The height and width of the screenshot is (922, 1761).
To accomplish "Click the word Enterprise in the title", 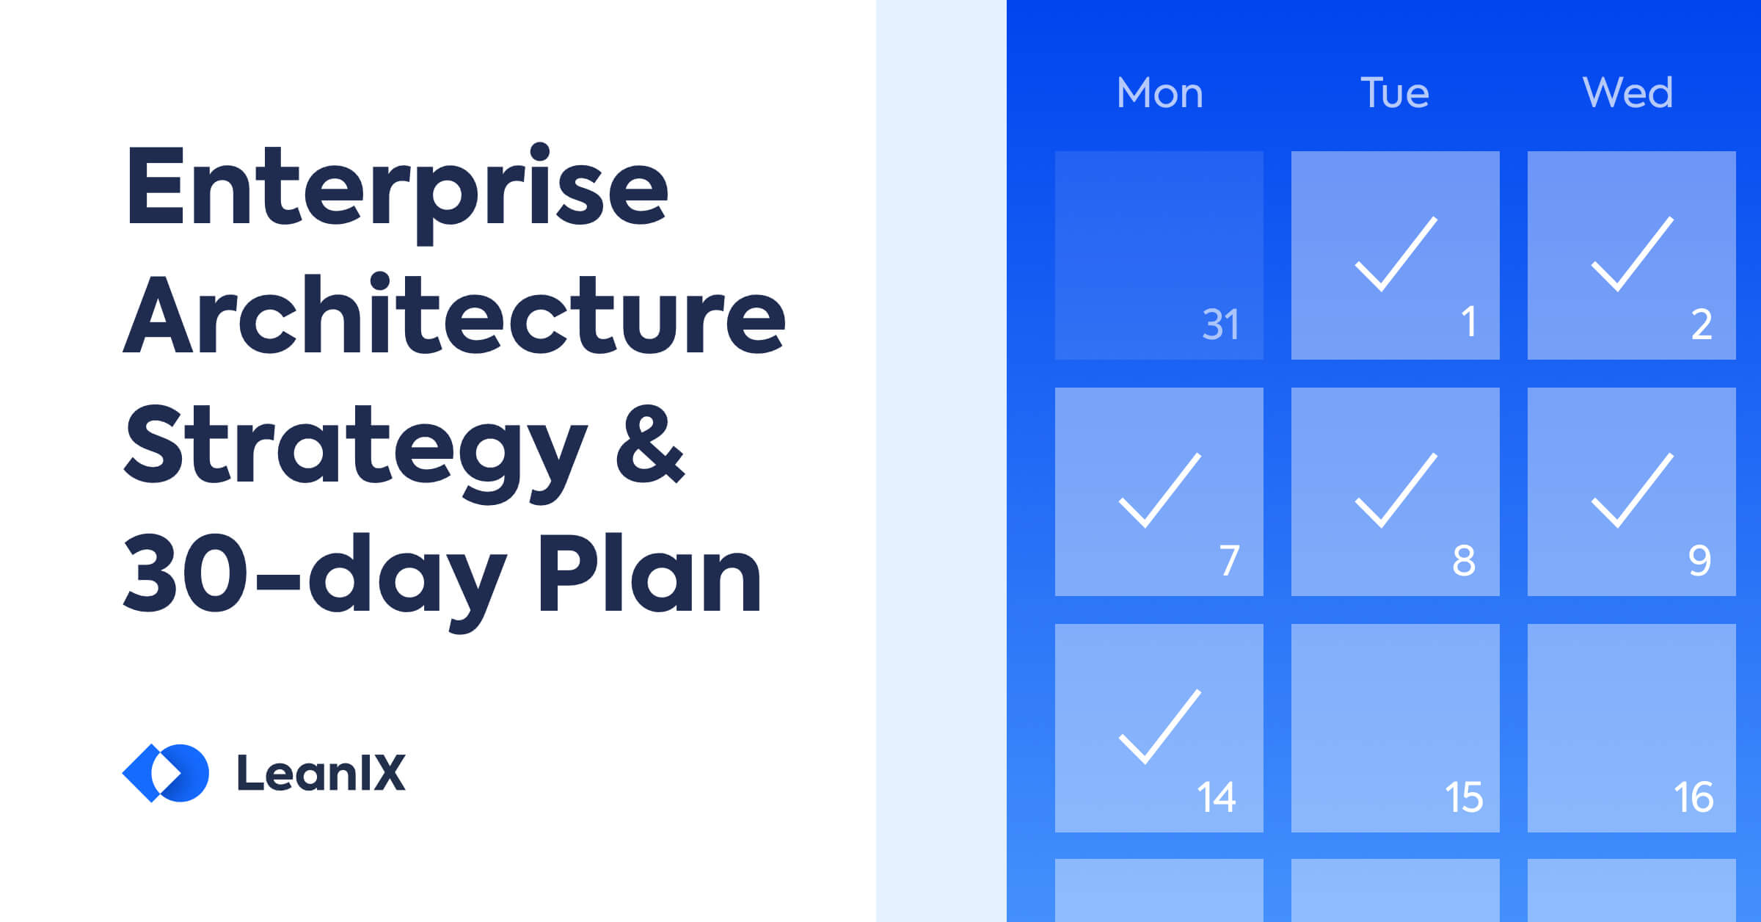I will tap(396, 187).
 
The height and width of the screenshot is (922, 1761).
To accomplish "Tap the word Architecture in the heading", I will tap(453, 316).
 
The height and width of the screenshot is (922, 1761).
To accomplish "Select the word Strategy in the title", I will tap(355, 448).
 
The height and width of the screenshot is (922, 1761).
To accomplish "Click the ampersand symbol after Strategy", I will tap(649, 444).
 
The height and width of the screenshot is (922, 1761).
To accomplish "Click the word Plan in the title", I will tap(649, 573).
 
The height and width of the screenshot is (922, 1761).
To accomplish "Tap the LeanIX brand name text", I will tap(321, 773).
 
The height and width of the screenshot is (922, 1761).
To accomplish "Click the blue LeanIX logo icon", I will tap(166, 773).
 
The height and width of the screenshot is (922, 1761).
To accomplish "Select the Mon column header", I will tap(1159, 93).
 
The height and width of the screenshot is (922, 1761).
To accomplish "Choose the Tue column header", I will tap(1395, 93).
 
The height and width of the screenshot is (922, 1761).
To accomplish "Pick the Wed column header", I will tap(1628, 93).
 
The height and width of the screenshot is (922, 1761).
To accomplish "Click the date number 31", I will tap(1221, 324).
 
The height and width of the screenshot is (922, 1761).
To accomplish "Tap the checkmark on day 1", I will tap(1395, 255).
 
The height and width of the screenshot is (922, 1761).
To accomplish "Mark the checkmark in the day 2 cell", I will tap(1631, 255).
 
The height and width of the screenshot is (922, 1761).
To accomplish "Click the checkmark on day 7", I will tap(1159, 490).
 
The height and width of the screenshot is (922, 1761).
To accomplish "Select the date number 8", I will tap(1464, 561).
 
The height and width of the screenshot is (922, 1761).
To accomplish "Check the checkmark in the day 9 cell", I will tap(1631, 490).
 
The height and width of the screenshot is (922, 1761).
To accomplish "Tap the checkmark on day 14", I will tap(1159, 727).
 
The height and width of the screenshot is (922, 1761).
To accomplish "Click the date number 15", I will tap(1464, 797).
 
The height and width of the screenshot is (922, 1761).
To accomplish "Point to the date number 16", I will tap(1693, 797).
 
